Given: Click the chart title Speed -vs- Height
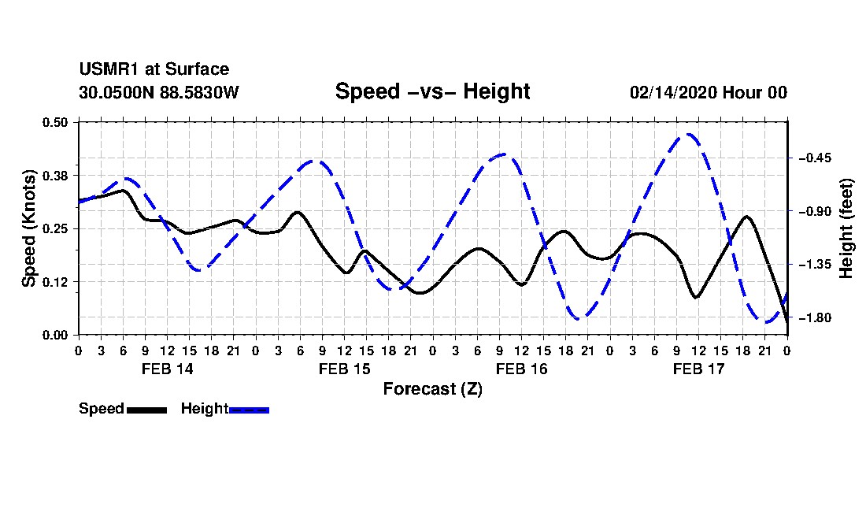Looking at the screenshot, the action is point(432,91).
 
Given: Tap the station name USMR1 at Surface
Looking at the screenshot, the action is point(154,69).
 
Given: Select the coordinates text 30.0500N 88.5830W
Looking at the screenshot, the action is point(159,92).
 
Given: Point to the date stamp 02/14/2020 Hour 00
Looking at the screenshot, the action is point(709,92).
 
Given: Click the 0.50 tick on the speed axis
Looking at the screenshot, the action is point(55,122).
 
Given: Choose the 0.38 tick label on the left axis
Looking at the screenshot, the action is point(55,176).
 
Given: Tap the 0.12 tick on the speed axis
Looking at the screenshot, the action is point(55,282).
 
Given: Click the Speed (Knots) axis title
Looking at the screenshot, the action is point(28,228).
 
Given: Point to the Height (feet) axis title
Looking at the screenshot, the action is point(846,228).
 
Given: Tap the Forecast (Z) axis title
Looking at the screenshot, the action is point(433,389).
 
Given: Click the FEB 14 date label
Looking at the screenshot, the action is point(168,369).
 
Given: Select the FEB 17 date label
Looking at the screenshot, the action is point(698,369).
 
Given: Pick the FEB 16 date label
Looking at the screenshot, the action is point(521,369).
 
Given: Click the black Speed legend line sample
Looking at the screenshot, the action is point(147,410).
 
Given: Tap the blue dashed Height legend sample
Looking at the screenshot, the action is point(249,410).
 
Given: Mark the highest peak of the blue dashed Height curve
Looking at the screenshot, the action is point(688,134).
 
